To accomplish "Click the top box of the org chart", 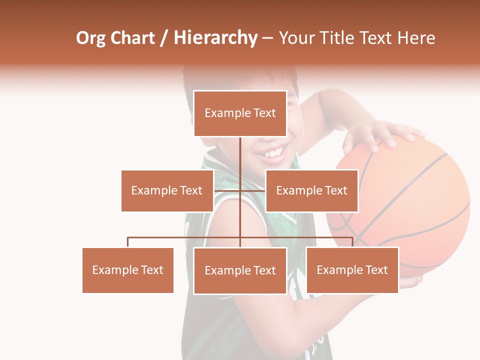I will click(240, 113).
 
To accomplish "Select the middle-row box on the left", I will click(167, 190).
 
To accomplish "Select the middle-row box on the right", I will click(311, 190).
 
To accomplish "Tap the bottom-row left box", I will click(128, 270).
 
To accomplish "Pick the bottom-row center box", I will click(240, 270).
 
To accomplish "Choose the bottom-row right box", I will click(352, 270).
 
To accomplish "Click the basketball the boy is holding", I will click(400, 205).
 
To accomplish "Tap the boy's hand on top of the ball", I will click(375, 134).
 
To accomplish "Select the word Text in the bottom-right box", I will click(376, 270).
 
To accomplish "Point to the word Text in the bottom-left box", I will click(151, 270).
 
